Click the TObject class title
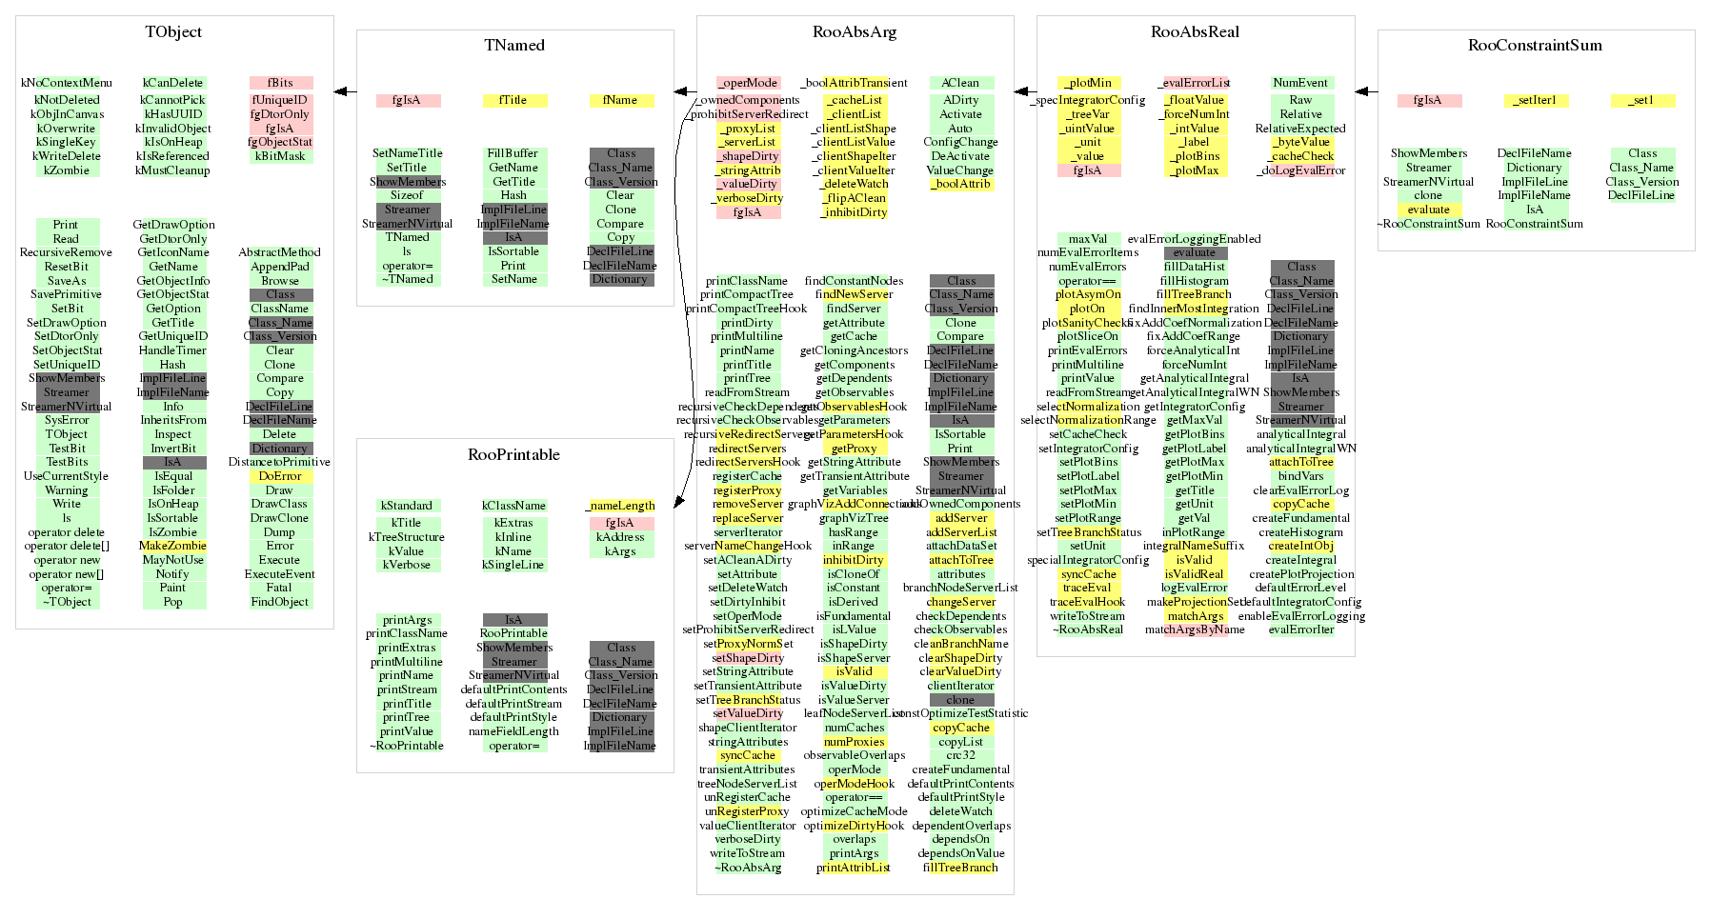pos(173,31)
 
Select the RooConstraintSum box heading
pos(1535,45)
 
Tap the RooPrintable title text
pos(513,454)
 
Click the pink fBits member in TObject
pos(280,83)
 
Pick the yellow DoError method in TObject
pos(280,476)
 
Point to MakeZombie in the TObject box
pos(172,546)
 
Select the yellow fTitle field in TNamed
pos(513,100)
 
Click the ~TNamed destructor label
pos(408,279)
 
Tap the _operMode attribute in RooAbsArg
pos(748,83)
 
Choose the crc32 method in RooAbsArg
pos(960,755)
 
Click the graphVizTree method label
pos(854,518)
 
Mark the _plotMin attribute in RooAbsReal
pos(1088,83)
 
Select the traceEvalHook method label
pos(1088,602)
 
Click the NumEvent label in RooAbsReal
pos(1300,83)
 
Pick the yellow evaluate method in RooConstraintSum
pos(1428,210)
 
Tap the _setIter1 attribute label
pos(1535,100)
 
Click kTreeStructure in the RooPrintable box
pos(407,537)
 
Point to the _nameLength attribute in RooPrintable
pos(620,506)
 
